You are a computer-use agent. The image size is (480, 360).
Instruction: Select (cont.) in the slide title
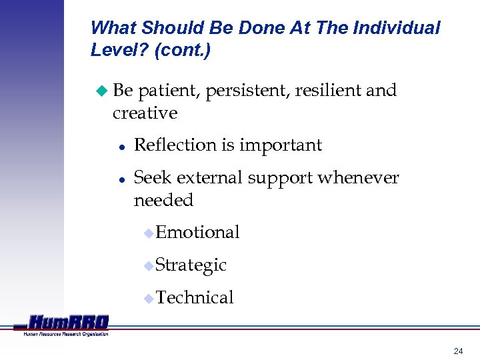click(182, 51)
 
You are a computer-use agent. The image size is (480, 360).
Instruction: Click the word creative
click(145, 113)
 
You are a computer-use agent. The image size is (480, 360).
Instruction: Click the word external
click(212, 178)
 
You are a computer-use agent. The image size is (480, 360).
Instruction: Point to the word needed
click(163, 200)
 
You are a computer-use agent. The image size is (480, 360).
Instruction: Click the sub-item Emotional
click(197, 232)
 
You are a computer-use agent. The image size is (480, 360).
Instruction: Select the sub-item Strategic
click(191, 265)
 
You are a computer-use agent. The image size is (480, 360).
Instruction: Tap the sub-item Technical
click(194, 297)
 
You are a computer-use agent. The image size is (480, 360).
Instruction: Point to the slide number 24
click(458, 351)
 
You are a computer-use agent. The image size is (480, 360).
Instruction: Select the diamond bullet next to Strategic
click(149, 266)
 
